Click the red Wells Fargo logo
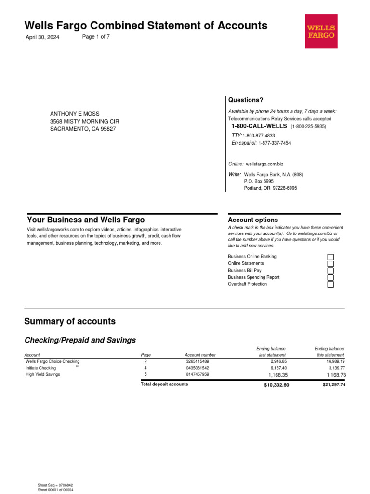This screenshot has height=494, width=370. [321, 31]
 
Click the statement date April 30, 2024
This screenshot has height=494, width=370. [42, 38]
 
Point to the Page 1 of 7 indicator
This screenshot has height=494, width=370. [96, 37]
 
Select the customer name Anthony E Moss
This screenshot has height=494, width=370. [75, 114]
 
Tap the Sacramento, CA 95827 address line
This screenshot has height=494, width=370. [83, 129]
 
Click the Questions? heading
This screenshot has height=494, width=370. [246, 100]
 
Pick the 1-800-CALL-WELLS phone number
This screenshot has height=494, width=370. [259, 126]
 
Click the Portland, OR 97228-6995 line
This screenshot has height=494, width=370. [271, 188]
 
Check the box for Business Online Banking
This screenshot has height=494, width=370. [330, 257]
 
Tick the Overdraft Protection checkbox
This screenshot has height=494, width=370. [330, 285]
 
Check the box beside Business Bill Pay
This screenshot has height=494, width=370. [330, 271]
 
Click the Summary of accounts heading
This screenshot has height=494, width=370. [70, 322]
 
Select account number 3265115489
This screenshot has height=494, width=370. [198, 361]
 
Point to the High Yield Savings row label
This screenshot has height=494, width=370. [43, 374]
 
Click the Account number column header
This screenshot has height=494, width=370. [200, 355]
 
